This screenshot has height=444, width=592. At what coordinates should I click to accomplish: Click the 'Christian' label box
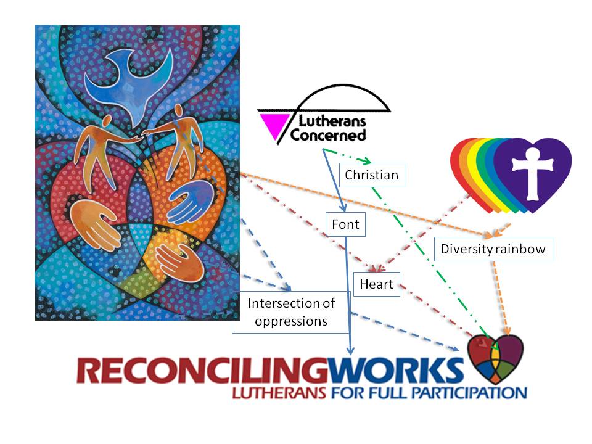point(371,175)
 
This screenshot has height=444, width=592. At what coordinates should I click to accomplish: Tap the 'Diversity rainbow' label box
point(493,250)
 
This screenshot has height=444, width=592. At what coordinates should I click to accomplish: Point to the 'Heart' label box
point(377,284)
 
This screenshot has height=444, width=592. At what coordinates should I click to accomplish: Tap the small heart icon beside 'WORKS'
point(495,358)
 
